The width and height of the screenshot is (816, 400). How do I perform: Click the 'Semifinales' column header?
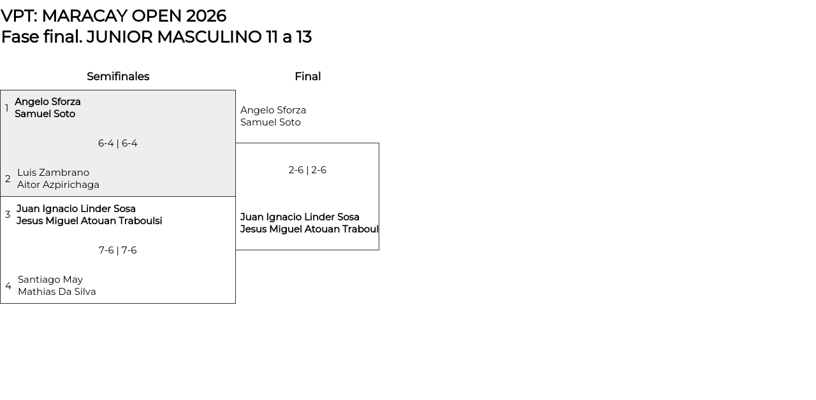(x=118, y=76)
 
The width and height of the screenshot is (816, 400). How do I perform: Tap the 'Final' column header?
(x=307, y=76)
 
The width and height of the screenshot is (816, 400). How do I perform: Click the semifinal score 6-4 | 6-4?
(x=118, y=143)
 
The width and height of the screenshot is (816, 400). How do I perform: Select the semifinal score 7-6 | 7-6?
(x=118, y=250)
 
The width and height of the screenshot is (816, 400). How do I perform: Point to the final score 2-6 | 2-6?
(x=307, y=170)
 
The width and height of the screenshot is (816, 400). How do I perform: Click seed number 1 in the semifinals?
(x=7, y=108)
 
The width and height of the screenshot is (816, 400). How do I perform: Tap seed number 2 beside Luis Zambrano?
(x=8, y=179)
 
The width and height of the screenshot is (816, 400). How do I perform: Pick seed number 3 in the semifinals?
(x=8, y=215)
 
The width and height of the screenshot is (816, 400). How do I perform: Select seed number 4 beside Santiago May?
(x=8, y=286)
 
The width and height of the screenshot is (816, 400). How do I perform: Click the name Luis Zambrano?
(x=53, y=173)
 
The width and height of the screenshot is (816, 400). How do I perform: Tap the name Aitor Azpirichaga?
(x=58, y=185)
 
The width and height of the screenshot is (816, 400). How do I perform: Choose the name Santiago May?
(x=50, y=280)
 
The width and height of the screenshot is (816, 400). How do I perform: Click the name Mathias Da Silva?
(x=57, y=292)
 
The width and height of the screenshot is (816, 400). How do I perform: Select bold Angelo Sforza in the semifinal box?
(x=48, y=102)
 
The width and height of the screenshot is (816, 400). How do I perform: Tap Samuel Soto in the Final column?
(x=270, y=122)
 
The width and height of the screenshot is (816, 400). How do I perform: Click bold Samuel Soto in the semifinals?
(x=45, y=114)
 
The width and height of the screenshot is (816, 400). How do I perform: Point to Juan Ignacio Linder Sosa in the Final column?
(x=300, y=217)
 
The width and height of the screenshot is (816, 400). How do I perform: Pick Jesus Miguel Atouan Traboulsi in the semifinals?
(x=89, y=221)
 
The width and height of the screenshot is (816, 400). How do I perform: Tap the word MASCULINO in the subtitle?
(x=209, y=37)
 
